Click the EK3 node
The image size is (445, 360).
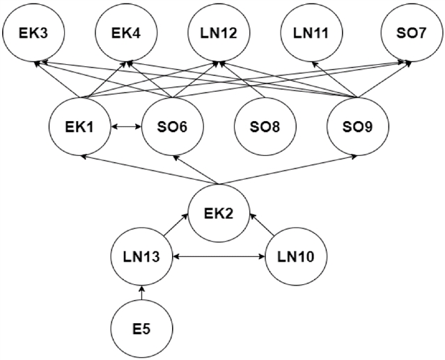pos(33,33)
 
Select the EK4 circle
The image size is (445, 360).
pos(126,33)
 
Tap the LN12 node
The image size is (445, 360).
pos(219,33)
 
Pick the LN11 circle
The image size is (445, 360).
pos(311,33)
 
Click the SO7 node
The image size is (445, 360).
pos(412,33)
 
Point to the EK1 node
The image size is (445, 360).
pos(80,127)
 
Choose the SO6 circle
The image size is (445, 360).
pos(173,127)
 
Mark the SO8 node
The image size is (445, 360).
pos(265,127)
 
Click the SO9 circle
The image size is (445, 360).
pos(358,127)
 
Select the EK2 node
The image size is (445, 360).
pos(219,213)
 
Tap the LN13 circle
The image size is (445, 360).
pos(142,256)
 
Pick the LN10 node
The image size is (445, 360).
pos(296,256)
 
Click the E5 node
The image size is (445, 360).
pos(142,329)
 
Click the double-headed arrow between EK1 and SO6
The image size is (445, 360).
pos(126,127)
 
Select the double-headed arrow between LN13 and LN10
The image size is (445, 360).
pos(219,257)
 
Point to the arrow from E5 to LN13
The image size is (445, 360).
pos(142,293)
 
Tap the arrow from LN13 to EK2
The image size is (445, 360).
pos(176,225)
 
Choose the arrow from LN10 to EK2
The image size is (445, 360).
pos(262,225)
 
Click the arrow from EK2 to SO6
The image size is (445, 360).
pos(195,169)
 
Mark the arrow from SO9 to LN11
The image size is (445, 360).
pos(334,79)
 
